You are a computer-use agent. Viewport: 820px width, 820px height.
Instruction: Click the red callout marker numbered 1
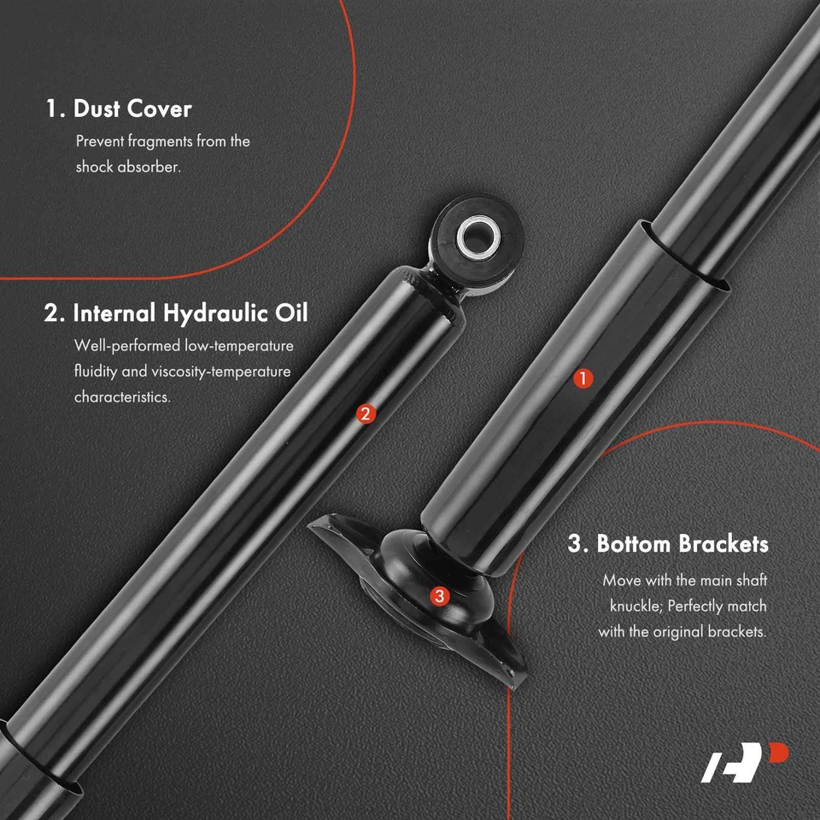583,378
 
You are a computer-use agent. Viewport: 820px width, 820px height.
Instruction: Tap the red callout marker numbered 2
365,414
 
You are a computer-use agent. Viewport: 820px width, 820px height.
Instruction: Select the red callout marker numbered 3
439,596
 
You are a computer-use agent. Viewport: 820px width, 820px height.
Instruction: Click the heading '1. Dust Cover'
119,109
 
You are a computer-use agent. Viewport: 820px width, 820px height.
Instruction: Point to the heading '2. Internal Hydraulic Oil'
176,313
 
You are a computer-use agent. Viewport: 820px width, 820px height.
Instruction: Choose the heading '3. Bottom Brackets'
668,544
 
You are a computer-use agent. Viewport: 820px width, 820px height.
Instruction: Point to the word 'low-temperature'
239,346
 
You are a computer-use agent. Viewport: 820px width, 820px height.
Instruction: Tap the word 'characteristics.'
122,398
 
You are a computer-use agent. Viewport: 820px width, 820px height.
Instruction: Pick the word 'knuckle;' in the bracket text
635,606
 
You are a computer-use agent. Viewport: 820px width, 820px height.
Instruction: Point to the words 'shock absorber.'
128,167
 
